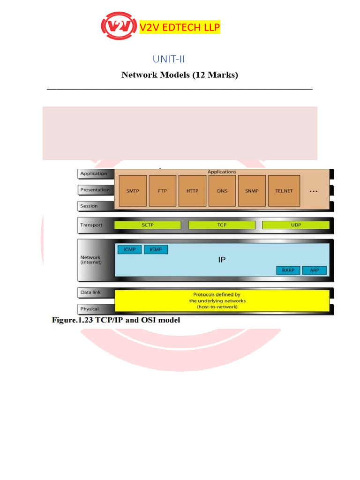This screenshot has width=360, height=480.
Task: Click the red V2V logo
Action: (119, 28)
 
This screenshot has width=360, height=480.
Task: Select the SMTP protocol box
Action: (133, 191)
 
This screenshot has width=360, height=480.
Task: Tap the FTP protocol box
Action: (162, 191)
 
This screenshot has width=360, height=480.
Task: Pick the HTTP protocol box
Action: (193, 191)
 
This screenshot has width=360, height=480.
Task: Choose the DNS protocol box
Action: (222, 191)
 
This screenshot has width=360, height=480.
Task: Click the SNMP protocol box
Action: (252, 191)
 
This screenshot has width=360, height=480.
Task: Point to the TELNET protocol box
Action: (284, 191)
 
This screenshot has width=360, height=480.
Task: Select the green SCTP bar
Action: (148, 225)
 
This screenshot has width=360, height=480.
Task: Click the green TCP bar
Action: (221, 225)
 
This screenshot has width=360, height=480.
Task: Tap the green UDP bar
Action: (296, 225)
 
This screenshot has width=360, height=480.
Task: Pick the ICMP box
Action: (129, 249)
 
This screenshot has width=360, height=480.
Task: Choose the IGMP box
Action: (156, 249)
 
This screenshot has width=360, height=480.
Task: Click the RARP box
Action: (288, 270)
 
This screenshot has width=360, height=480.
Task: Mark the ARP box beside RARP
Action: (314, 270)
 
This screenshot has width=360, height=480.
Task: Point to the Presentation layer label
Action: (95, 190)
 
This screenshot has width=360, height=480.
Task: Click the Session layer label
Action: (89, 206)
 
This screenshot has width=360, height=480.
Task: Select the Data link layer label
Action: (90, 292)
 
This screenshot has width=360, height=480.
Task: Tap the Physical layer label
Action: (90, 309)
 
